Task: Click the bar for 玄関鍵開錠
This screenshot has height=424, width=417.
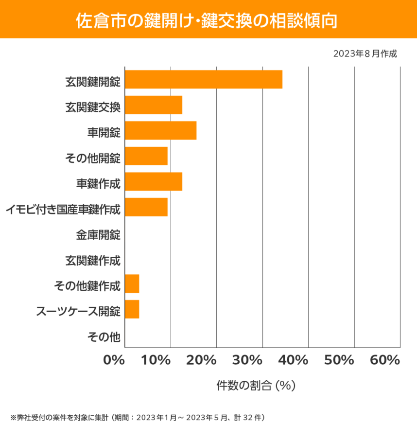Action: pos(204,79)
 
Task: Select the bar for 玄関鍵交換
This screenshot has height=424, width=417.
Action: pos(154,105)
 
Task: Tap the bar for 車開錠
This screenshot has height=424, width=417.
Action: pos(161,130)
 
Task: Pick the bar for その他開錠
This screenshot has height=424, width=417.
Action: pos(146,156)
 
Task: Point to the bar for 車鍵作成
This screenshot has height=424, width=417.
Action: pos(154,182)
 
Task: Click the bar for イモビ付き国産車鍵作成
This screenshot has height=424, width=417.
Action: pos(146,207)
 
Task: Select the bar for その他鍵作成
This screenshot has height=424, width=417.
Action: pos(132,284)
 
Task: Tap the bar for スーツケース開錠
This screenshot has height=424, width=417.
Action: pos(132,309)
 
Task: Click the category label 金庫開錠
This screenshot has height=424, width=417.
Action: pos(98,235)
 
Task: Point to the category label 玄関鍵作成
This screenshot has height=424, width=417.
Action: pos(92,261)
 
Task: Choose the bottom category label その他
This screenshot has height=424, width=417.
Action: pos(104,336)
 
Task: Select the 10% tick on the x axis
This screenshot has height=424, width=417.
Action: pos(156,360)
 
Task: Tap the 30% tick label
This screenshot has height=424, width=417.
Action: pos(248,360)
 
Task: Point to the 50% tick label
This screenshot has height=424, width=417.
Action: pos(339,360)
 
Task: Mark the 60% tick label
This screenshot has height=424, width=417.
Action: pos(385,360)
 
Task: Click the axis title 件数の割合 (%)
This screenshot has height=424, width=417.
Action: pos(256,386)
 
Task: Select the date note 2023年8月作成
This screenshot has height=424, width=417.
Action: pos(365,53)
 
